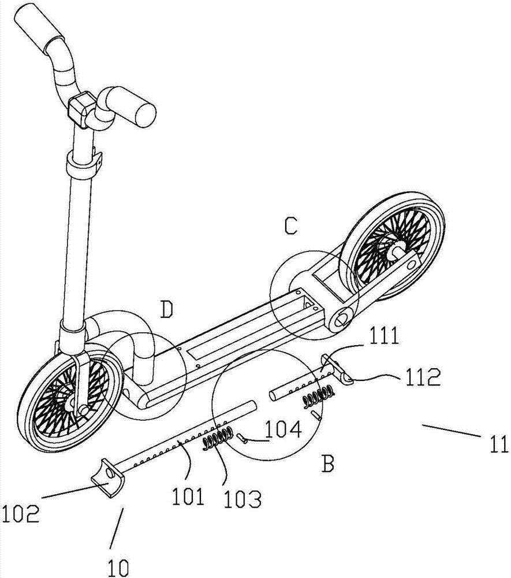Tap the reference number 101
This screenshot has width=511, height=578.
189,497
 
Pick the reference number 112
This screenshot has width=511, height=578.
423,377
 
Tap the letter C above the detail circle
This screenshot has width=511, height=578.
291,225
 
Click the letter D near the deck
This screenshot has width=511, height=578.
166,309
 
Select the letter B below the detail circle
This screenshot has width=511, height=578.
327,463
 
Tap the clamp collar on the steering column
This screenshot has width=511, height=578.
83,164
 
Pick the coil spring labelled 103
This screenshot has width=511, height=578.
218,439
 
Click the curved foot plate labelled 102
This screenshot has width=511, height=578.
108,477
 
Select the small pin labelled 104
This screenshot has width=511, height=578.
241,438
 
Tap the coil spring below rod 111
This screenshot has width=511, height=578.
319,397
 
